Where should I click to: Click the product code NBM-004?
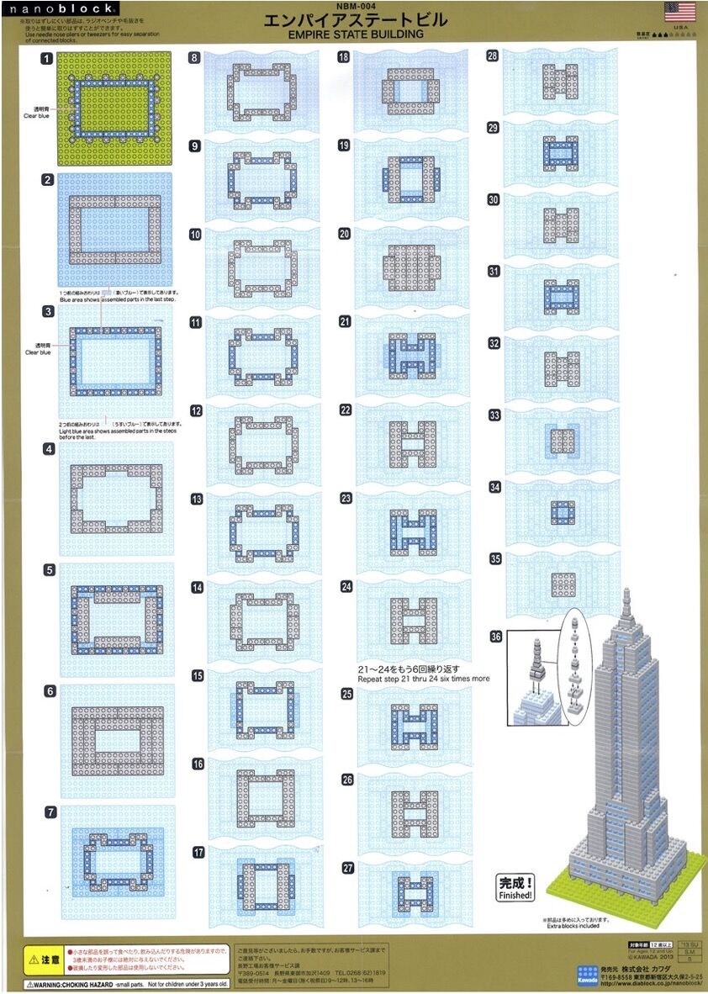pyautogui.click(x=354, y=5)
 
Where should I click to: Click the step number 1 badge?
pyautogui.click(x=49, y=59)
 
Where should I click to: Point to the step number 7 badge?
pyautogui.click(x=50, y=812)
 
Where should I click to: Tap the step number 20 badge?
pyautogui.click(x=344, y=233)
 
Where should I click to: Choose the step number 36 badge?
pyautogui.click(x=495, y=637)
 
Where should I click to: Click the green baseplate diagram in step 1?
pyautogui.click(x=114, y=108)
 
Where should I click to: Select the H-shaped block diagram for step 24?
pyautogui.click(x=413, y=621)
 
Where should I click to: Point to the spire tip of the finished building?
pyautogui.click(x=626, y=594)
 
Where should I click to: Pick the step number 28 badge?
pyautogui.click(x=493, y=56)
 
